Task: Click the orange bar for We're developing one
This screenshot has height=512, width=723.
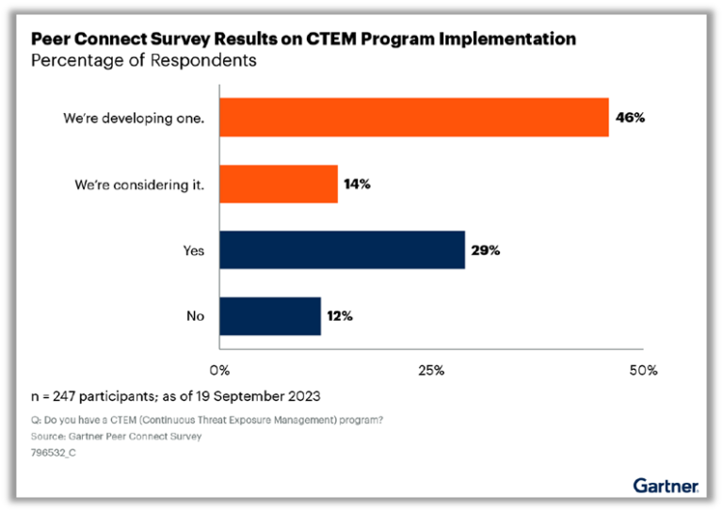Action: click(414, 118)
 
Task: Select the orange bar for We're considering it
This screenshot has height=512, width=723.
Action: click(279, 184)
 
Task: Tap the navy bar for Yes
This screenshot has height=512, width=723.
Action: click(342, 249)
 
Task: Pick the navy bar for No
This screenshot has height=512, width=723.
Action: click(270, 315)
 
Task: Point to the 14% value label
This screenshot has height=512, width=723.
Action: click(357, 184)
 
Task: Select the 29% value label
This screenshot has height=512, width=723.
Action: click(485, 250)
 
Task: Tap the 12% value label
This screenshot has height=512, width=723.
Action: click(339, 316)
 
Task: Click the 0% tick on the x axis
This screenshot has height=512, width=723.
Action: click(219, 370)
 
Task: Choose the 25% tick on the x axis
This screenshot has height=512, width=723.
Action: click(431, 370)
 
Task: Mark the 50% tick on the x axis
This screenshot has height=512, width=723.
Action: click(643, 370)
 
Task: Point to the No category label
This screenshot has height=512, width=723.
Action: click(196, 316)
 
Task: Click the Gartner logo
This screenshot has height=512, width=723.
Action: click(665, 486)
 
